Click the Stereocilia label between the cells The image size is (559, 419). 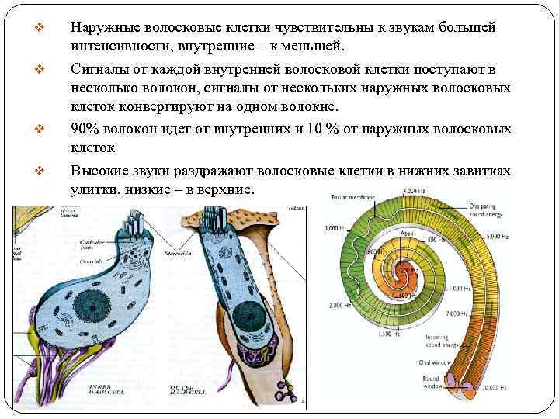click(x=178, y=252)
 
